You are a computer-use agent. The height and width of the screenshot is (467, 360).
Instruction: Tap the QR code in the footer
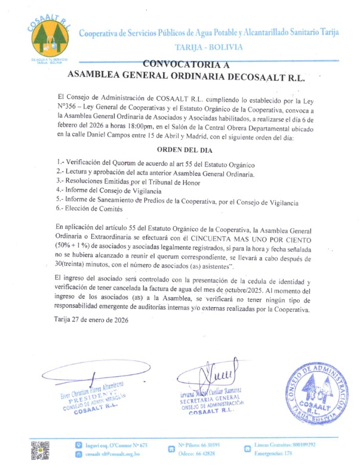(39, 450)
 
